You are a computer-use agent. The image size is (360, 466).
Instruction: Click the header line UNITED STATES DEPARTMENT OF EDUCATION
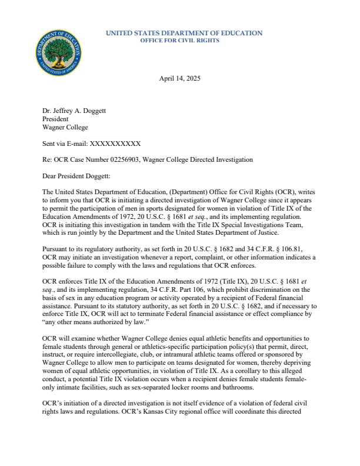tap(184, 33)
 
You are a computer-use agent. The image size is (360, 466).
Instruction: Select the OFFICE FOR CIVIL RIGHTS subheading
tap(179, 41)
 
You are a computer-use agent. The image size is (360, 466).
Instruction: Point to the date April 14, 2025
tap(180, 79)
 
